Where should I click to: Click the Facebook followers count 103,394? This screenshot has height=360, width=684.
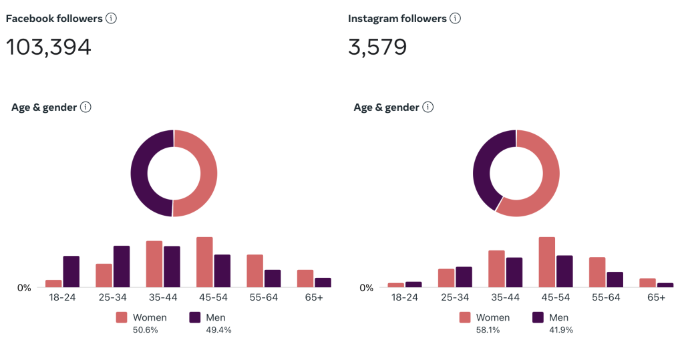click(x=49, y=47)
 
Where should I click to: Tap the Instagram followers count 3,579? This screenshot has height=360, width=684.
click(x=377, y=47)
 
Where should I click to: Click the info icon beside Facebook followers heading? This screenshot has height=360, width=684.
click(x=111, y=19)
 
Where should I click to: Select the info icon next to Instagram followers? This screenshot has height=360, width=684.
click(x=455, y=19)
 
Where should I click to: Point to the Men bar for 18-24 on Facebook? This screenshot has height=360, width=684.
click(x=71, y=271)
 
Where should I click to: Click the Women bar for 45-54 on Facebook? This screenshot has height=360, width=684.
click(x=204, y=262)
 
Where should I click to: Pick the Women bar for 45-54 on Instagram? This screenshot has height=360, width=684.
click(x=547, y=262)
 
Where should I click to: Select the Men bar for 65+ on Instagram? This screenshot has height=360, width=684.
click(x=665, y=285)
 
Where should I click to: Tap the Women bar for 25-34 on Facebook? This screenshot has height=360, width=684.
click(x=104, y=275)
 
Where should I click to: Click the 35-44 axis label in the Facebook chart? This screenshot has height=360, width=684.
click(x=162, y=297)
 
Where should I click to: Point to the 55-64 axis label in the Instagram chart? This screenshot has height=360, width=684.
click(x=606, y=297)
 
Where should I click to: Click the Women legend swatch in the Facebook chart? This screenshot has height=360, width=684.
click(x=122, y=317)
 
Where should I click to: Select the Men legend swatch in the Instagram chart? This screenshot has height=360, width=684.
click(x=538, y=317)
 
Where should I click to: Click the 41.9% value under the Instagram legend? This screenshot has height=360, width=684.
click(x=561, y=329)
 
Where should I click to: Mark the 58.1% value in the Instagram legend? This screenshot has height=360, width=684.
click(x=488, y=329)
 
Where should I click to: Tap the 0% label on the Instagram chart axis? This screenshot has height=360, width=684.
click(x=367, y=288)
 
